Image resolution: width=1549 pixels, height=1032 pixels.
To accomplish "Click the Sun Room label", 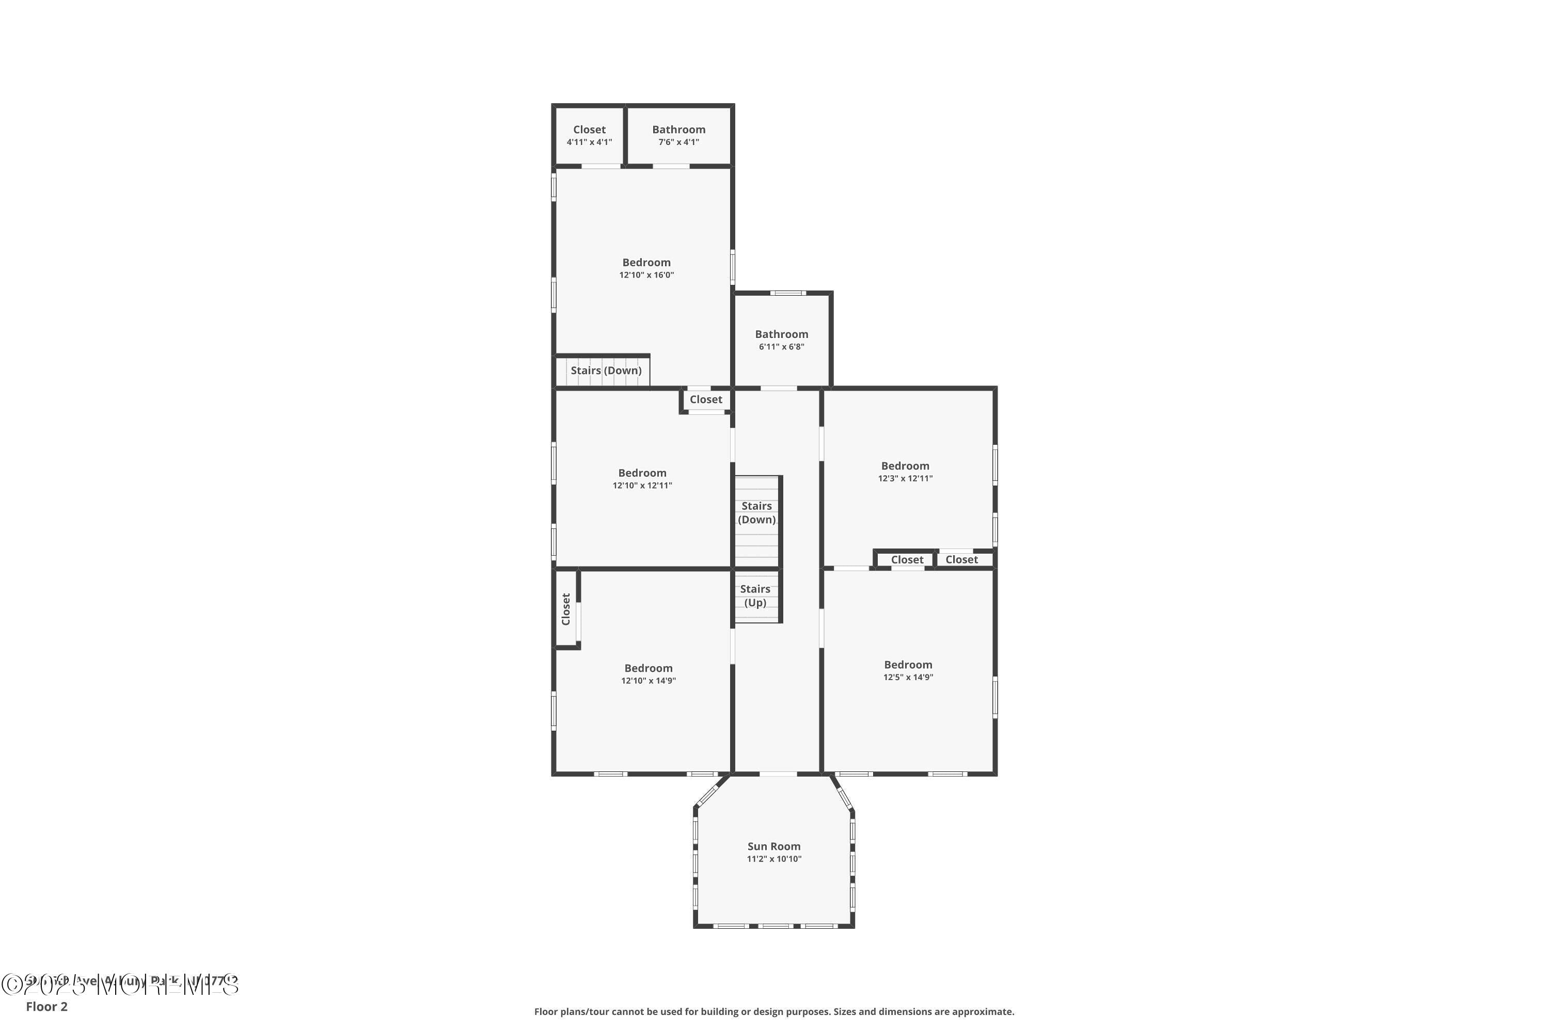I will point(774,846).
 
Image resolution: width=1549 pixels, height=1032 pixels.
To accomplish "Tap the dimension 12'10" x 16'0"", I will point(646,275).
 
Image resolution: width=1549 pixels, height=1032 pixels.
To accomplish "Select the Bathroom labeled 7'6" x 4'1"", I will point(678,130).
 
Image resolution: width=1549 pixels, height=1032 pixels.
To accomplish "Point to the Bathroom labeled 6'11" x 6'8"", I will point(781,334).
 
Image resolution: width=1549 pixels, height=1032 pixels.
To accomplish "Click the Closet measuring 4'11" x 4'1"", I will point(589,130).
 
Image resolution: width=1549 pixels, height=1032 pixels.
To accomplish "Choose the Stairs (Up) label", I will point(755,595).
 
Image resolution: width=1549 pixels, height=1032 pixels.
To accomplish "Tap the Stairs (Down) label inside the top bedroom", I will point(606,370).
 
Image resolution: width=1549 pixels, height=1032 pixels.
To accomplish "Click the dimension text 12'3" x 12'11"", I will point(905,478).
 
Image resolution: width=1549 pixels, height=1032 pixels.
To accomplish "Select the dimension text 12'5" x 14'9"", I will point(908,677).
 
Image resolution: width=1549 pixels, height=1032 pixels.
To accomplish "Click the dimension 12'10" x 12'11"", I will point(642,486).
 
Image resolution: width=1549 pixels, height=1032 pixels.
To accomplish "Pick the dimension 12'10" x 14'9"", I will point(648,681).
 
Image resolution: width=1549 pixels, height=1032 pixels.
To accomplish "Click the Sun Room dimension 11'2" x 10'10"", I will point(774,859).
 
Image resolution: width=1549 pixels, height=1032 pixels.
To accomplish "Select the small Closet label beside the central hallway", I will point(706,399).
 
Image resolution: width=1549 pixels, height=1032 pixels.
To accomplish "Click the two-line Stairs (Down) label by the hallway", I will point(756,513).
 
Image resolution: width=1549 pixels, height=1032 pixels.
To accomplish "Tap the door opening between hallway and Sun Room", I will point(778,774).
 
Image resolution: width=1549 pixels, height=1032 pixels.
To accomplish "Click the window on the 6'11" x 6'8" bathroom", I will point(788,293).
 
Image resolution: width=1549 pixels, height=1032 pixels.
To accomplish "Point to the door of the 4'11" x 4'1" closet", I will point(600,166).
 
